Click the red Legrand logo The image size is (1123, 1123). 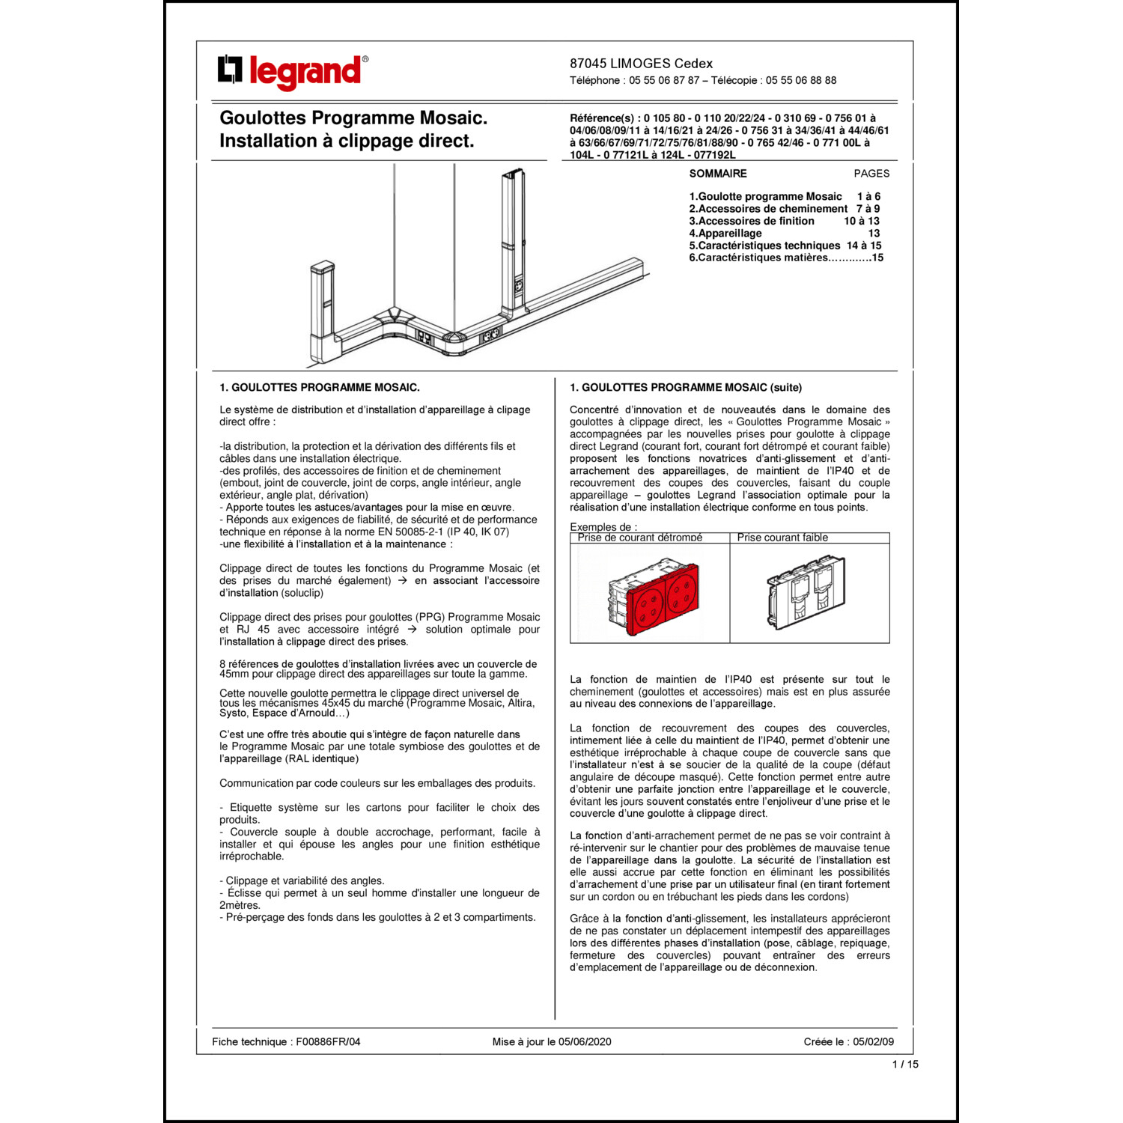(x=293, y=72)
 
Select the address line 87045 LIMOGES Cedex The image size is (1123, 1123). (x=641, y=64)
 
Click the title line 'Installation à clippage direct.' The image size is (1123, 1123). (x=347, y=141)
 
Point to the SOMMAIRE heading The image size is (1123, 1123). (x=717, y=174)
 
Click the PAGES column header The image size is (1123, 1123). (x=871, y=174)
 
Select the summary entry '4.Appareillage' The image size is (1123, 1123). (x=725, y=234)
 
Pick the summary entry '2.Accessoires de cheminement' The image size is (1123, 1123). (x=768, y=209)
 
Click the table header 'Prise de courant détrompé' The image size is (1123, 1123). (x=640, y=538)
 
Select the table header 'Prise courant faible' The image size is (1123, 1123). (x=782, y=538)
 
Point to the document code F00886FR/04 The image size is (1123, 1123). (x=328, y=1041)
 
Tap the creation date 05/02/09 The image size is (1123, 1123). (x=873, y=1041)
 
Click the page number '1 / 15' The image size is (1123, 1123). (x=905, y=1064)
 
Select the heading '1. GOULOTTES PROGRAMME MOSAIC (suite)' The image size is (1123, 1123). (x=685, y=388)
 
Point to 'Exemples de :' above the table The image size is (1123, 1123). (x=603, y=527)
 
